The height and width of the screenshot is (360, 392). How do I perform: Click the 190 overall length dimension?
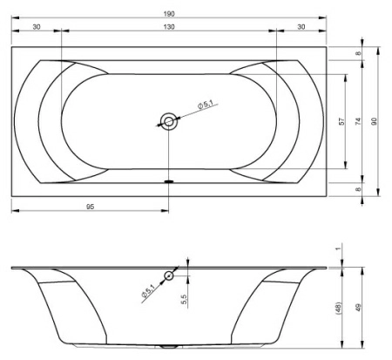click(x=169, y=14)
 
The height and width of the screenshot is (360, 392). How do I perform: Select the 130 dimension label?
click(x=169, y=27)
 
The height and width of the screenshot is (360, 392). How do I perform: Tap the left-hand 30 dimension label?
click(x=37, y=27)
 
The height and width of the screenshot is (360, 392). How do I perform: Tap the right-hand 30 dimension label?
click(x=301, y=27)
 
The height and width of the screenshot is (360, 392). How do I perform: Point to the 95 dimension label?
click(x=91, y=207)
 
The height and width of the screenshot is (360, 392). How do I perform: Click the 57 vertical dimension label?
click(x=341, y=121)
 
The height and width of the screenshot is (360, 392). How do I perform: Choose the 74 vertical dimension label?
click(x=359, y=121)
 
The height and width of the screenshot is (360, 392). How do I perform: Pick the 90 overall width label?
click(x=375, y=121)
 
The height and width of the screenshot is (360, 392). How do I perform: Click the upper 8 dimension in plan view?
click(x=359, y=53)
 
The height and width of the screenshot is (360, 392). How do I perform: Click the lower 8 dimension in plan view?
click(x=359, y=189)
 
